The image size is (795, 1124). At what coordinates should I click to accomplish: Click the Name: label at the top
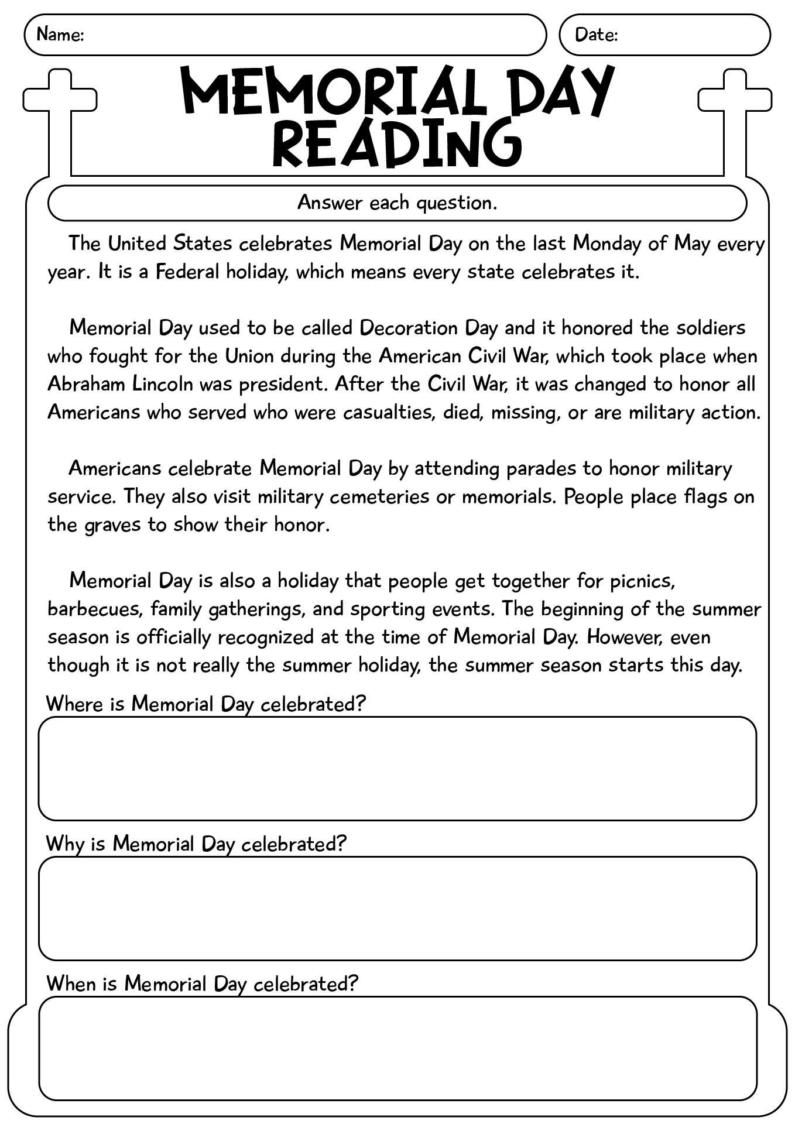[60, 35]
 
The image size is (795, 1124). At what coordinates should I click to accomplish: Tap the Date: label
[596, 35]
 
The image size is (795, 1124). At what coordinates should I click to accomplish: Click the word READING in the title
[397, 142]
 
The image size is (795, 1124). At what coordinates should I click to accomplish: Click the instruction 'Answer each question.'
[397, 203]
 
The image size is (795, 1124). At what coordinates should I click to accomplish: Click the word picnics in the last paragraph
[643, 581]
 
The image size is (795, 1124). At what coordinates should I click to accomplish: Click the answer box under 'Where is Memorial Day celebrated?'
[397, 768]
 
